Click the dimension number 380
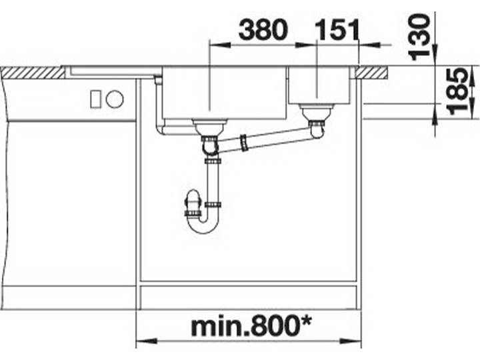263,30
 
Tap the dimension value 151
337,30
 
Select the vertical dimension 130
420,37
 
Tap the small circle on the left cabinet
115,99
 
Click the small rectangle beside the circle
95,99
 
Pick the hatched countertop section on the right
373,73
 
